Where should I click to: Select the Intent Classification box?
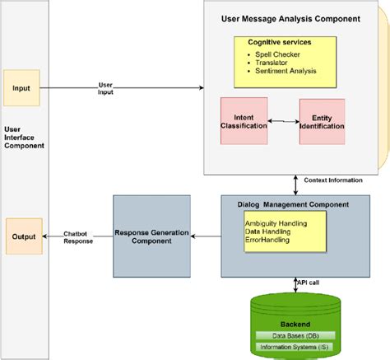[x=244, y=122]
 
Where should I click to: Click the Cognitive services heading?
[x=281, y=41]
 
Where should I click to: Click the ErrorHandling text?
[x=270, y=241]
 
